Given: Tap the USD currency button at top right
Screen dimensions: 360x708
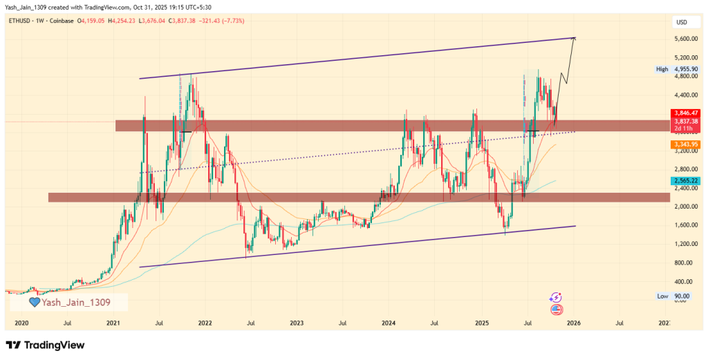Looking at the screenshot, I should point(681,22).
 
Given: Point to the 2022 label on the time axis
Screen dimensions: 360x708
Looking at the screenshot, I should point(205,323).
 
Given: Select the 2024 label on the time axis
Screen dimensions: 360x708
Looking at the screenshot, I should point(389,323).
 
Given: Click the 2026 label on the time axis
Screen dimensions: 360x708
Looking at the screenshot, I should point(572,323).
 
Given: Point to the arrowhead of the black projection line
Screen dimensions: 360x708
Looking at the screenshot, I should point(575,38).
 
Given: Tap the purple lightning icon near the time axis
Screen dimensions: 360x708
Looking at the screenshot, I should point(555,297).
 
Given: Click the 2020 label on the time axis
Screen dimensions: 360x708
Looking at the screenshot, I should point(21,323).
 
